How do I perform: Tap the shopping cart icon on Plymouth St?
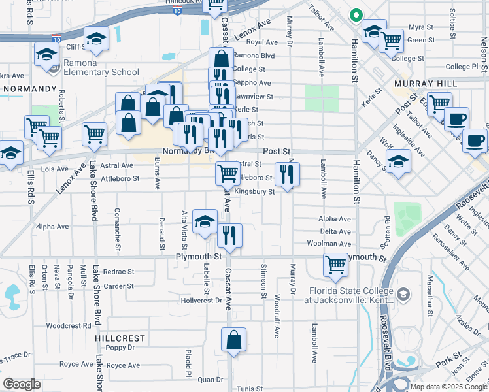[x=335, y=265]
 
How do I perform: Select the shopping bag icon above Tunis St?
[x=233, y=340]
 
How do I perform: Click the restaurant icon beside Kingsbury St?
[x=287, y=173]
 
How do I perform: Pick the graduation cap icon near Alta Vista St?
[x=205, y=221]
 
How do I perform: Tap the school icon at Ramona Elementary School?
[x=47, y=56]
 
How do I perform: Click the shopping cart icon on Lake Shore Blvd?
[x=95, y=134]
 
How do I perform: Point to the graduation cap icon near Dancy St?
[x=398, y=161]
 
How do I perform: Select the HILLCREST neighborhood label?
[x=120, y=338]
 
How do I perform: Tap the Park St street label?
[x=448, y=360]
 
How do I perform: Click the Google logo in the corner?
[x=21, y=384]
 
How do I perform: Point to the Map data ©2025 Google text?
[x=449, y=387]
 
